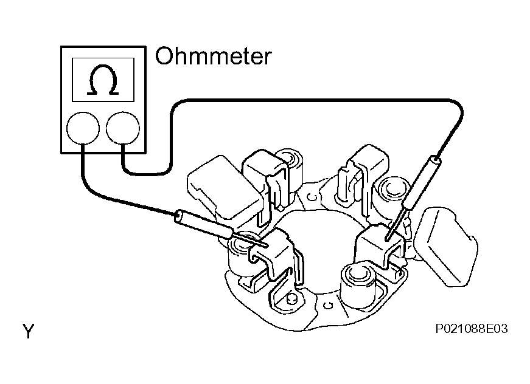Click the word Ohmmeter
click(x=213, y=56)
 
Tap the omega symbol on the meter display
click(x=103, y=80)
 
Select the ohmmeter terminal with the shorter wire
click(x=83, y=129)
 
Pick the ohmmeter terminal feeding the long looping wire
click(x=123, y=129)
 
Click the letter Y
click(x=29, y=331)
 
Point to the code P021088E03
click(x=471, y=328)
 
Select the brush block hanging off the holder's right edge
click(x=446, y=247)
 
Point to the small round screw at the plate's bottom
click(x=291, y=298)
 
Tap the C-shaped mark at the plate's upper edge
click(x=312, y=197)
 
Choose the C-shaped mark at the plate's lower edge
click(x=327, y=305)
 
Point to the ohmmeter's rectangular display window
click(x=103, y=80)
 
